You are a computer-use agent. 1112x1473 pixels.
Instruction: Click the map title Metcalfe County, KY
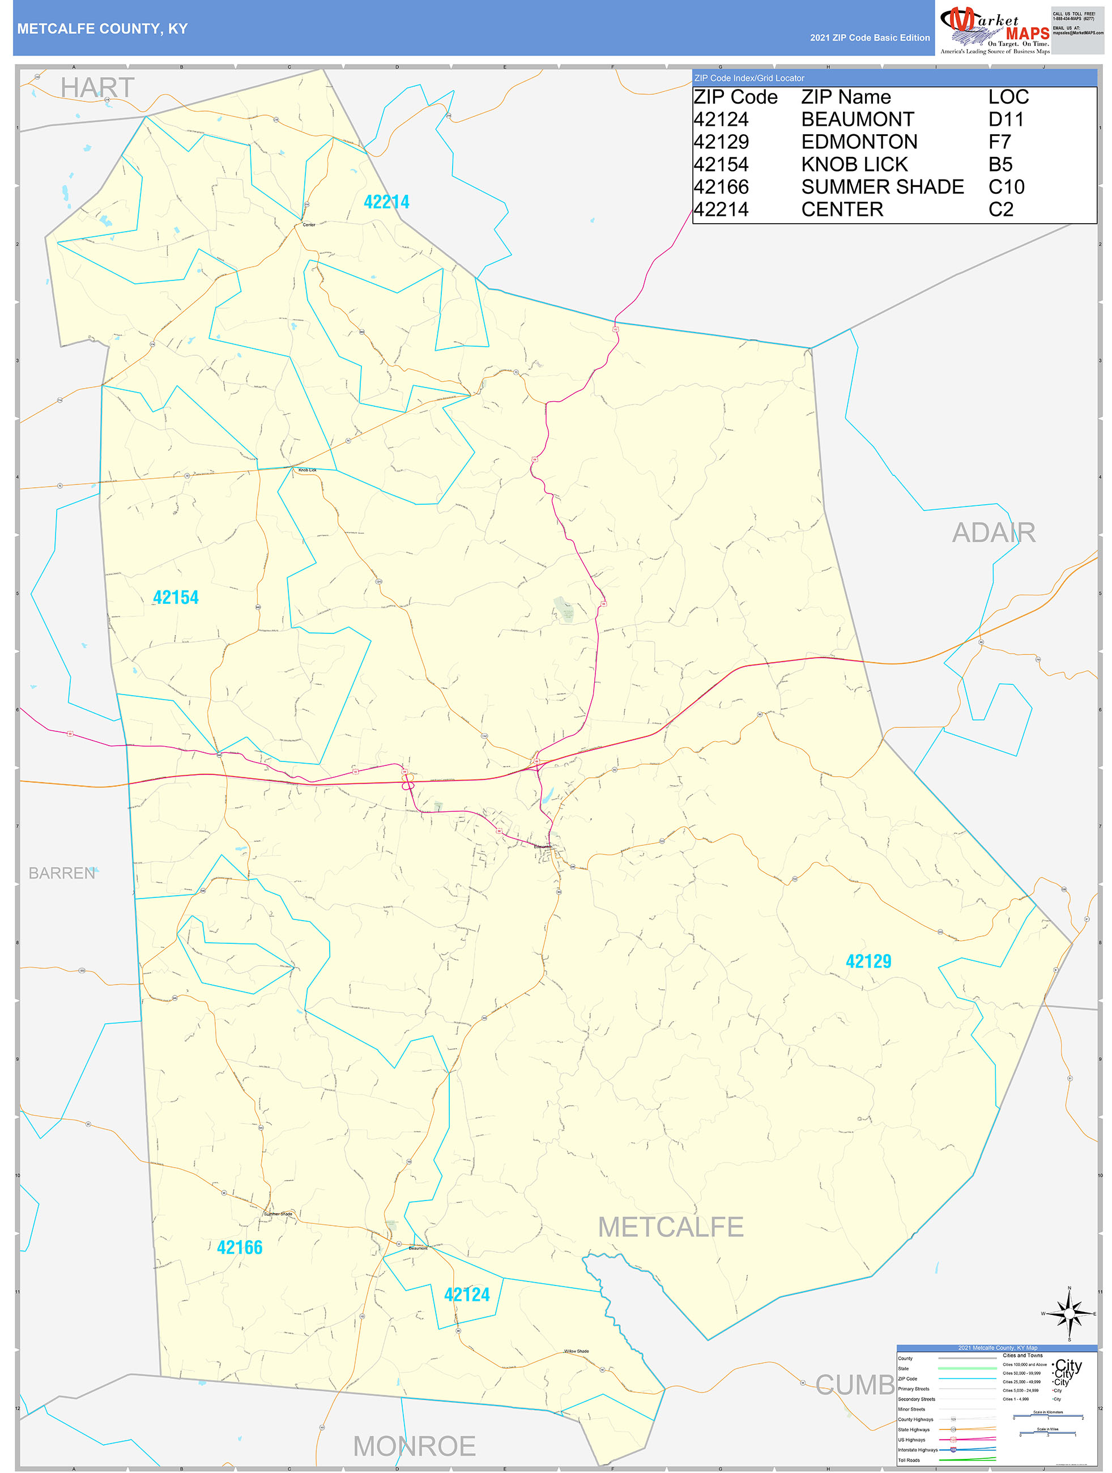click(103, 29)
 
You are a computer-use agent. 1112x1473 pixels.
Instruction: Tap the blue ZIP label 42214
click(386, 202)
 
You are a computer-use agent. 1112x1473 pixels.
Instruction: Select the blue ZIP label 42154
click(176, 597)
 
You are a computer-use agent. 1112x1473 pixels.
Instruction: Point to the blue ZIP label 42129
click(868, 961)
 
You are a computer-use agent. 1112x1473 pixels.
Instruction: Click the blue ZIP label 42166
click(240, 1248)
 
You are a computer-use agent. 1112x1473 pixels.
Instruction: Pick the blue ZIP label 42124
click(467, 1295)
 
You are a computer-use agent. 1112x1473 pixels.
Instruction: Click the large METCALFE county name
click(670, 1227)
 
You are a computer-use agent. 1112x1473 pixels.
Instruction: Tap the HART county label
click(97, 88)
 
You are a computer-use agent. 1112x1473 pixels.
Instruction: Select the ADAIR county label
click(993, 533)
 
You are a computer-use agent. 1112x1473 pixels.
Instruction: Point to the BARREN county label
click(62, 873)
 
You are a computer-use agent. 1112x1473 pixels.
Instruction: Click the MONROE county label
click(414, 1446)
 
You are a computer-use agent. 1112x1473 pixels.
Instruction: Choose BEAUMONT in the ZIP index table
click(857, 120)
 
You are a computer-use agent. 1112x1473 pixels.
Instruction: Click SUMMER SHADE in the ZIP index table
click(881, 187)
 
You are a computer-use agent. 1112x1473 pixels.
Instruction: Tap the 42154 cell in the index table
click(721, 164)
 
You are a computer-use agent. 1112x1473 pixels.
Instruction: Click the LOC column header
click(1008, 97)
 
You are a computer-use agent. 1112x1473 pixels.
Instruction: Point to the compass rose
click(1069, 1313)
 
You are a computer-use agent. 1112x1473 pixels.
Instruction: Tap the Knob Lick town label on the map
click(308, 470)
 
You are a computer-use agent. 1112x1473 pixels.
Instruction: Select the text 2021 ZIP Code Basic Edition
click(869, 38)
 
